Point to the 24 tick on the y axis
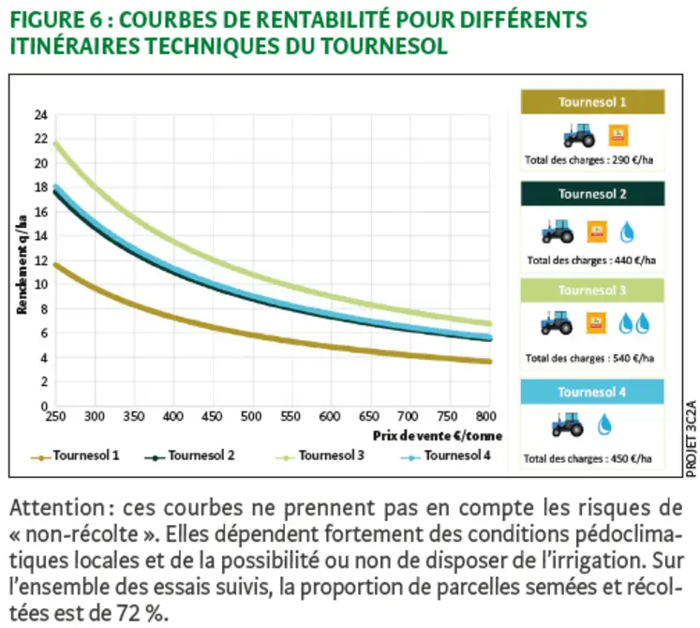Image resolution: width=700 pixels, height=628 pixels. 41,115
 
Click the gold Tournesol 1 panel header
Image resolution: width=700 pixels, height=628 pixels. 592,101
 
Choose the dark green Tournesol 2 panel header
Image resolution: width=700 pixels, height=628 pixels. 592,194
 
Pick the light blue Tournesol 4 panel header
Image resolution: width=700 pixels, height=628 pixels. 592,391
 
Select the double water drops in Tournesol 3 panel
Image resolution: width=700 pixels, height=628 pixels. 633,324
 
